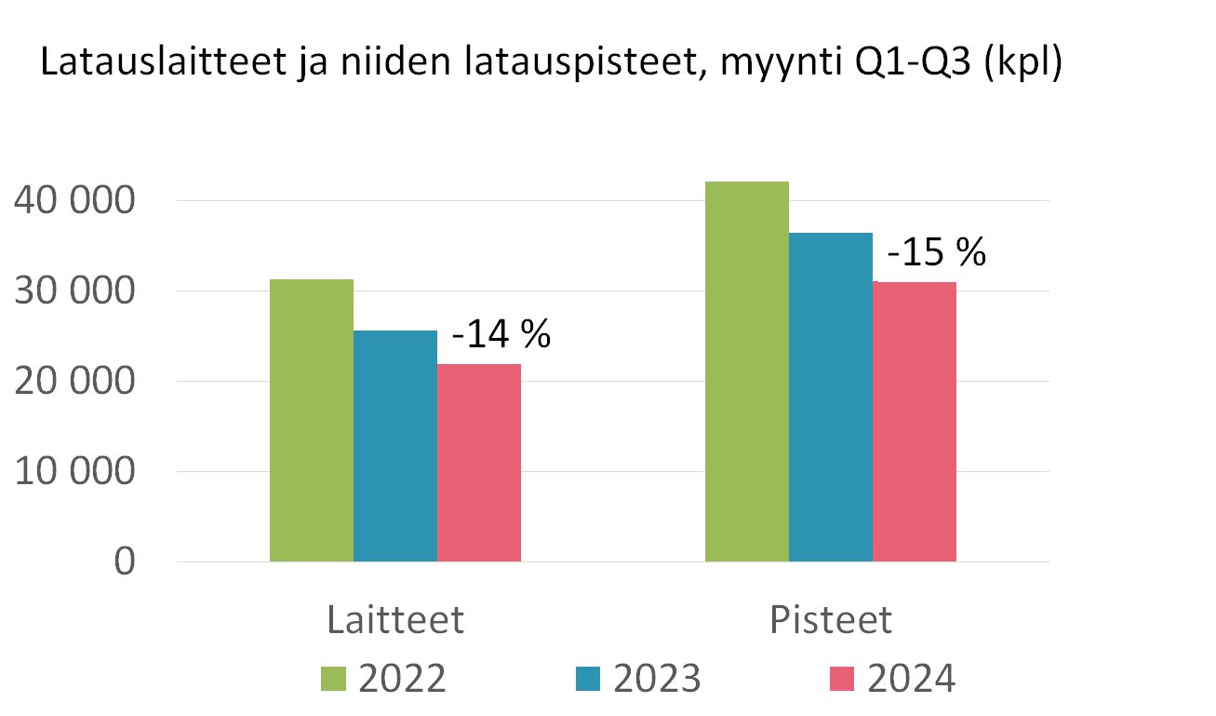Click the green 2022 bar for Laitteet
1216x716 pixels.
pyautogui.click(x=312, y=420)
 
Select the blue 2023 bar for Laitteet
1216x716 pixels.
pyautogui.click(x=395, y=446)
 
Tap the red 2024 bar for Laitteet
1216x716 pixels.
pyautogui.click(x=479, y=463)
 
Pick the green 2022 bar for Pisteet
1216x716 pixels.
pyautogui.click(x=747, y=372)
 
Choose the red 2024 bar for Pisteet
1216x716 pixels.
pyautogui.click(x=915, y=422)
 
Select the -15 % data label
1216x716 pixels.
pyautogui.click(x=935, y=252)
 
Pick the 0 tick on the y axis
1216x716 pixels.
pyautogui.click(x=125, y=562)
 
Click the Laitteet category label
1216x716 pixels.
pyautogui.click(x=395, y=620)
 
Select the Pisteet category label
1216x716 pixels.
pyautogui.click(x=831, y=620)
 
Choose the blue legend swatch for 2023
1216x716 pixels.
pyautogui.click(x=589, y=679)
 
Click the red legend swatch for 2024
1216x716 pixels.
pyautogui.click(x=843, y=679)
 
